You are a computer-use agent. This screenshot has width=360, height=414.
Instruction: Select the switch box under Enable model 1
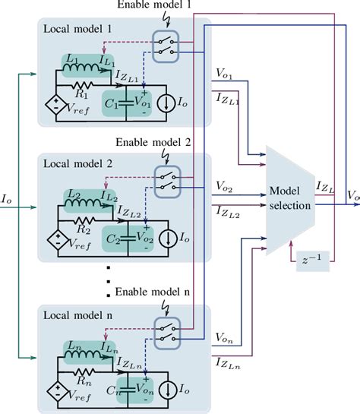click(x=166, y=44)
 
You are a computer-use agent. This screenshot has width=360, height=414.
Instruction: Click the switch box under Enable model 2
click(x=166, y=177)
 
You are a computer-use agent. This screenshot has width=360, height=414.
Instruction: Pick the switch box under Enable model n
click(x=166, y=328)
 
